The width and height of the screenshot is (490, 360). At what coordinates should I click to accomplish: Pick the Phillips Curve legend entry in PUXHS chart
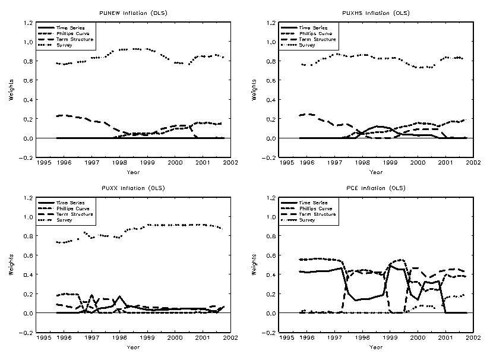pos(315,33)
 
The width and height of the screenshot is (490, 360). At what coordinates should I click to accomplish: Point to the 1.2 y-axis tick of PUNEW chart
pos(28,23)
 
